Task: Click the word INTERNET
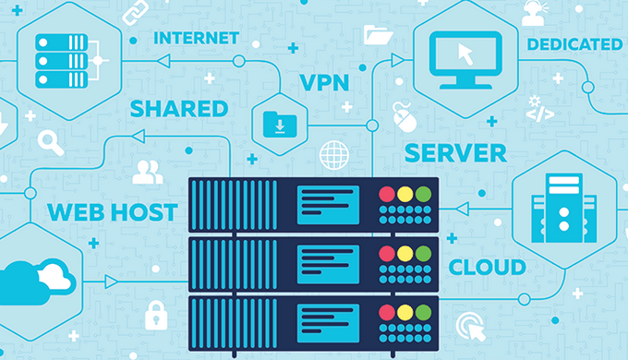point(196,39)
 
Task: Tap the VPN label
point(324,82)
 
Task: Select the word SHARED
point(179,109)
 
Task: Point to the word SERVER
point(455,153)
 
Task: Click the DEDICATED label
point(574,44)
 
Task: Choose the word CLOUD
point(487,268)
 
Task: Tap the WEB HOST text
point(113,212)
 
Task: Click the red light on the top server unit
point(387,194)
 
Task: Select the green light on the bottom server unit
point(423,312)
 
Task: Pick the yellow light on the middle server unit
point(405,254)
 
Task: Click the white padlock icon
point(156,316)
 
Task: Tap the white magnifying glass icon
point(51,143)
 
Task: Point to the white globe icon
point(334,155)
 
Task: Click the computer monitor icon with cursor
point(465,60)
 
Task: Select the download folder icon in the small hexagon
point(280,125)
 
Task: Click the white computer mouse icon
point(405,118)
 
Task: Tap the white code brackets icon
point(540,114)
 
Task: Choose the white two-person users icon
point(148,173)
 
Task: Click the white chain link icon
point(135,12)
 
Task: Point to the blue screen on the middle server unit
point(328,264)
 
